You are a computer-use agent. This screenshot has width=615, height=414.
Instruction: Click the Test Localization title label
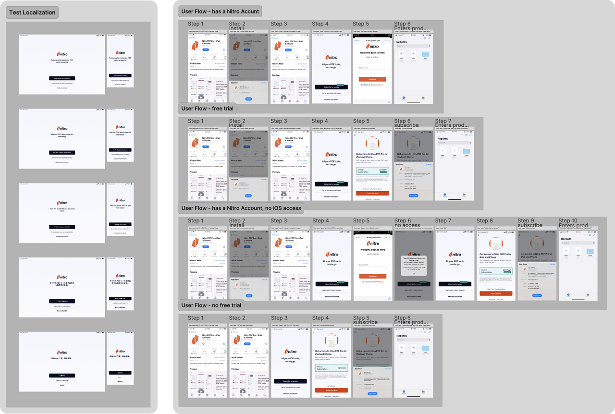[x=32, y=12]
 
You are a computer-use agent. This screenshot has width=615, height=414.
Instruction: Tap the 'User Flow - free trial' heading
[x=207, y=109]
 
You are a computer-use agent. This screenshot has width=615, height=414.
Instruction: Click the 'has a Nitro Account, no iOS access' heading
[x=241, y=208]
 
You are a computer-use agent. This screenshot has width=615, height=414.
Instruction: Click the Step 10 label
[x=568, y=221]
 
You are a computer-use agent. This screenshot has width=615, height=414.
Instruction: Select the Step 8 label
[x=484, y=221]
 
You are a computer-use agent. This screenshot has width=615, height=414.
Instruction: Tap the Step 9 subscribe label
[x=530, y=225]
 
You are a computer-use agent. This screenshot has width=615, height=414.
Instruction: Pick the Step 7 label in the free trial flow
[x=443, y=121]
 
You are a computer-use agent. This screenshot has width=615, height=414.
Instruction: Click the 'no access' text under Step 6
[x=407, y=225]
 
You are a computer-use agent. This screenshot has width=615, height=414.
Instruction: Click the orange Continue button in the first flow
[x=372, y=79]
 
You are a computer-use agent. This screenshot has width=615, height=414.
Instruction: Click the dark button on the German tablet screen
[x=62, y=152]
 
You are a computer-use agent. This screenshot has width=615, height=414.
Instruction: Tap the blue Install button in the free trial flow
[x=248, y=196]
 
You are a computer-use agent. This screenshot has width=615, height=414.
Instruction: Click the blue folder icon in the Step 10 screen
[x=590, y=251]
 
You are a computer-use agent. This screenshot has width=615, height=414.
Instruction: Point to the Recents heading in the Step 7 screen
[x=443, y=139]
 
